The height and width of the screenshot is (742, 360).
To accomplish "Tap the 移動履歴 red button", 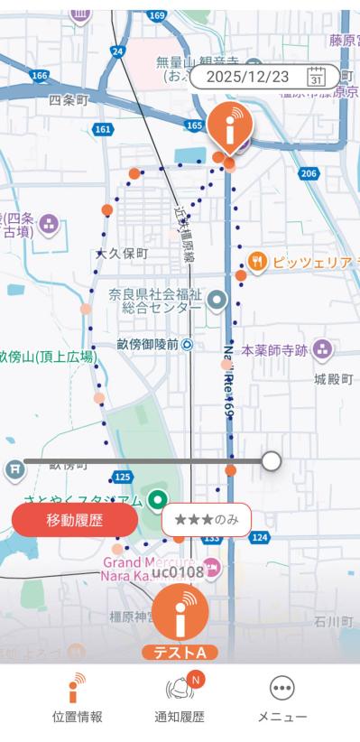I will (75, 521).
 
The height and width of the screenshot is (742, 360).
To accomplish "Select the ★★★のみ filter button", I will (207, 520).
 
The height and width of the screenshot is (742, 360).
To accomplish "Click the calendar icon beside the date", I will (316, 77).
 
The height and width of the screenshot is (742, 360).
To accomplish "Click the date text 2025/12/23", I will (247, 77).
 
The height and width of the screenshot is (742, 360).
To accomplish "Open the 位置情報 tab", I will (77, 700).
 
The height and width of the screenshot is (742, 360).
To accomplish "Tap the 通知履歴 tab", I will (180, 700).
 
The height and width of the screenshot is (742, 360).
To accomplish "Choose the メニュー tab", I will (282, 700).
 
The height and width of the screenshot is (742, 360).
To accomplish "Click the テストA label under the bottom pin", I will (180, 653).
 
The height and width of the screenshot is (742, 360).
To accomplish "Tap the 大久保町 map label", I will (122, 254).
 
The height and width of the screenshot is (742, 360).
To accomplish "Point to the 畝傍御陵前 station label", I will (148, 344).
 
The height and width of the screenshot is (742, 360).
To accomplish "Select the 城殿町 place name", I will (333, 379).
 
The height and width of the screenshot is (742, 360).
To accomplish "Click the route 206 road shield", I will (309, 172).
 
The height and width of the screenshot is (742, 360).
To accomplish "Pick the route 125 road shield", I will (124, 476).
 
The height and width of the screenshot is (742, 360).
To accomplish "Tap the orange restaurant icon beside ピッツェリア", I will (257, 262).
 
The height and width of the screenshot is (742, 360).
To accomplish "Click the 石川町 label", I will (333, 622).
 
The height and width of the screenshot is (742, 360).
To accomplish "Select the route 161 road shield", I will (103, 130).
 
